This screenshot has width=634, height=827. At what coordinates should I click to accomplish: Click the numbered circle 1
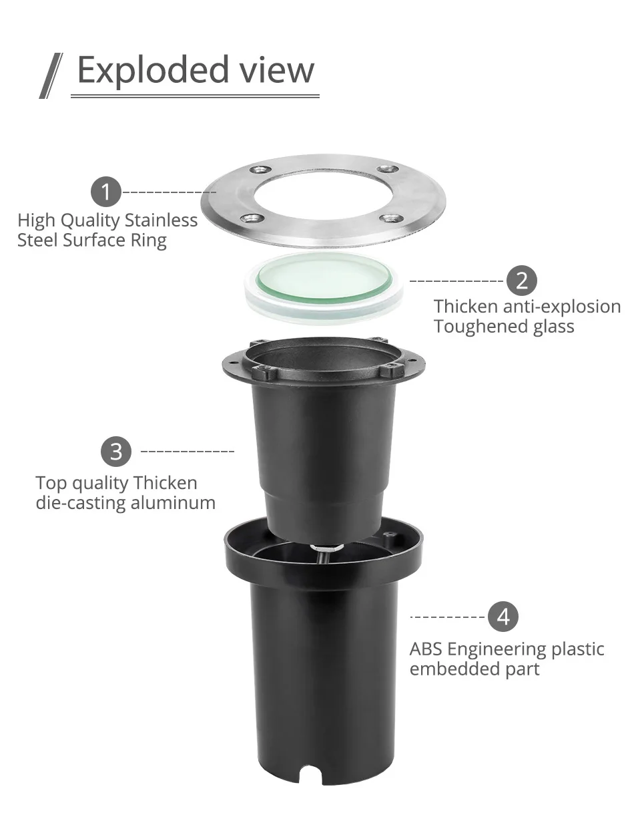click(x=106, y=192)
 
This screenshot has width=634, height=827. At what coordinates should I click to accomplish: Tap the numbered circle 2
click(x=521, y=281)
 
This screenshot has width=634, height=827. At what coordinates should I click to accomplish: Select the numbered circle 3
click(x=116, y=452)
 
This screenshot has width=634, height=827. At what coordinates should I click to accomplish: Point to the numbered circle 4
click(x=503, y=617)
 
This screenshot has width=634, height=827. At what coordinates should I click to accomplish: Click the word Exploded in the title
click(x=153, y=69)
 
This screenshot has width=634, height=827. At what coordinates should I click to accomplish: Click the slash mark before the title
click(x=51, y=75)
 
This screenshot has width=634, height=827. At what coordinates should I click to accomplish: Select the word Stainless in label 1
click(x=161, y=220)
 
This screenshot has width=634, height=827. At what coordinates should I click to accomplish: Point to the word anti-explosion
click(x=562, y=307)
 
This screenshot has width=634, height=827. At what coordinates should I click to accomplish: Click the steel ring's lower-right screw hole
click(x=390, y=218)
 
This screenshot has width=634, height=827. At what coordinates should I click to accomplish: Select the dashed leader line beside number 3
click(x=188, y=452)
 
